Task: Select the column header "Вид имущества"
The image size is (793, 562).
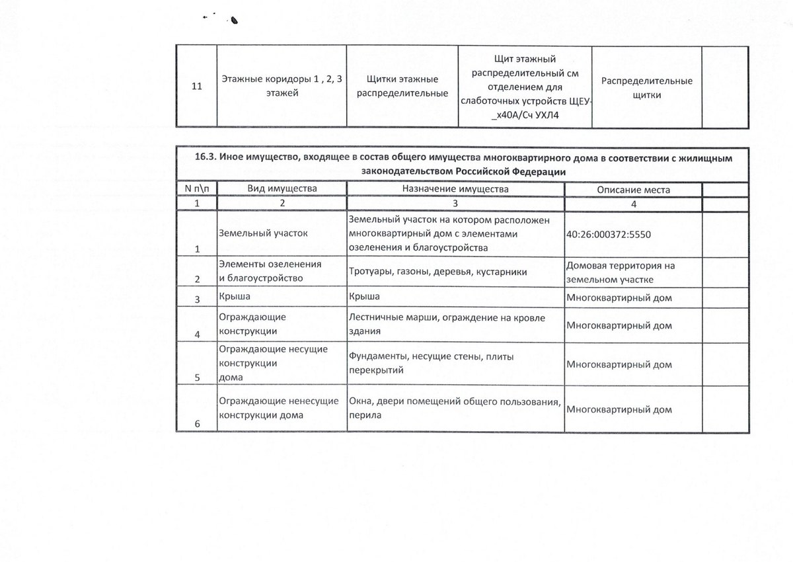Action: point(282,189)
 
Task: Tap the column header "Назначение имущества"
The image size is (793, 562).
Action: point(455,189)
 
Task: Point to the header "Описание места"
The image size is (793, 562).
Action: point(633,190)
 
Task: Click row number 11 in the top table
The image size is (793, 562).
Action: point(196,87)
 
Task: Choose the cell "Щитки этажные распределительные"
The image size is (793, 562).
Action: point(402,87)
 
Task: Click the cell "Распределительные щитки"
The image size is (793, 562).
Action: point(647,87)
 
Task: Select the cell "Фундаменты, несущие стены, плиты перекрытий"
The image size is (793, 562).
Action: point(431,364)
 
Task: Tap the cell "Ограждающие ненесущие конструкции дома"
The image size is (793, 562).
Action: point(277,409)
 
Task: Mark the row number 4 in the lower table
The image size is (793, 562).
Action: point(196,334)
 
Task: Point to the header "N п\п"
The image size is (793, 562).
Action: point(196,189)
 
